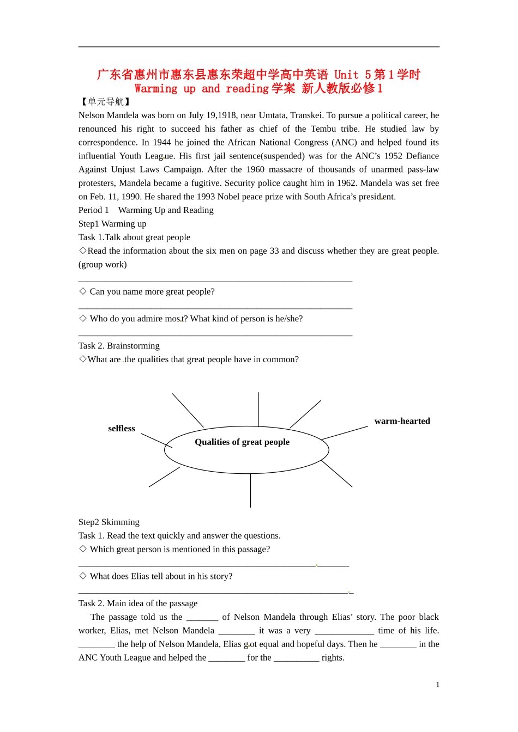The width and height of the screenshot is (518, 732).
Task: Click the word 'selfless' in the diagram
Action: click(121, 429)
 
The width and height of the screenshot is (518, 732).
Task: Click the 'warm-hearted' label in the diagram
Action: click(402, 421)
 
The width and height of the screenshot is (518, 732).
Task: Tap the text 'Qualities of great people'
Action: click(242, 442)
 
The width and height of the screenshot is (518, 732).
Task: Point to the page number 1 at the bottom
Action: click(437, 685)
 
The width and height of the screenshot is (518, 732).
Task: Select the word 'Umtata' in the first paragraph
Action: click(271, 115)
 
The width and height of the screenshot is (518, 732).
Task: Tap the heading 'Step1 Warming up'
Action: click(112, 224)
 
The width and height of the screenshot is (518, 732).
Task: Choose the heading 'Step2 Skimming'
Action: click(109, 522)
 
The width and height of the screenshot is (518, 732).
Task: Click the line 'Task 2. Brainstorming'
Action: click(119, 346)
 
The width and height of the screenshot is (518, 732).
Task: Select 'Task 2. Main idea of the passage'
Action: click(138, 603)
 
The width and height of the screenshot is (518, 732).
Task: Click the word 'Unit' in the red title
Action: click(346, 75)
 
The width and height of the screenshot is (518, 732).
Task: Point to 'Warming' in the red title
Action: click(156, 89)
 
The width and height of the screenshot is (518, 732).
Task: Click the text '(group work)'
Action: click(103, 265)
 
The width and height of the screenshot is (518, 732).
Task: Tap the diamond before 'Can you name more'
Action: click(83, 291)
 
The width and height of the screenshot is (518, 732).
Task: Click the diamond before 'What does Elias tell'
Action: click(83, 576)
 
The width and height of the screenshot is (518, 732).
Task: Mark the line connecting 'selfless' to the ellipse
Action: click(156, 441)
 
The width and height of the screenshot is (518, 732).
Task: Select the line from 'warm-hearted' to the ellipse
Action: click(345, 433)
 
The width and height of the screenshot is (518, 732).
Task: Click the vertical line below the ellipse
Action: click(251, 490)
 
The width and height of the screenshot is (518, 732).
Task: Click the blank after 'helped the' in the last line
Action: click(226, 658)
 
